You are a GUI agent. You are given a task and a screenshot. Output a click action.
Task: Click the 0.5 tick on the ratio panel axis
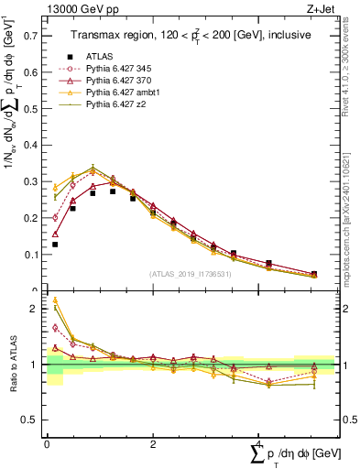pyautogui.click(x=34, y=420)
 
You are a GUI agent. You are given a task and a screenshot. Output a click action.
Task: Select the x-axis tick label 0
pyautogui.click(x=47, y=443)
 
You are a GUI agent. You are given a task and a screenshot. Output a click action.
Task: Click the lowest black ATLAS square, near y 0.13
pyautogui.click(x=55, y=245)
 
